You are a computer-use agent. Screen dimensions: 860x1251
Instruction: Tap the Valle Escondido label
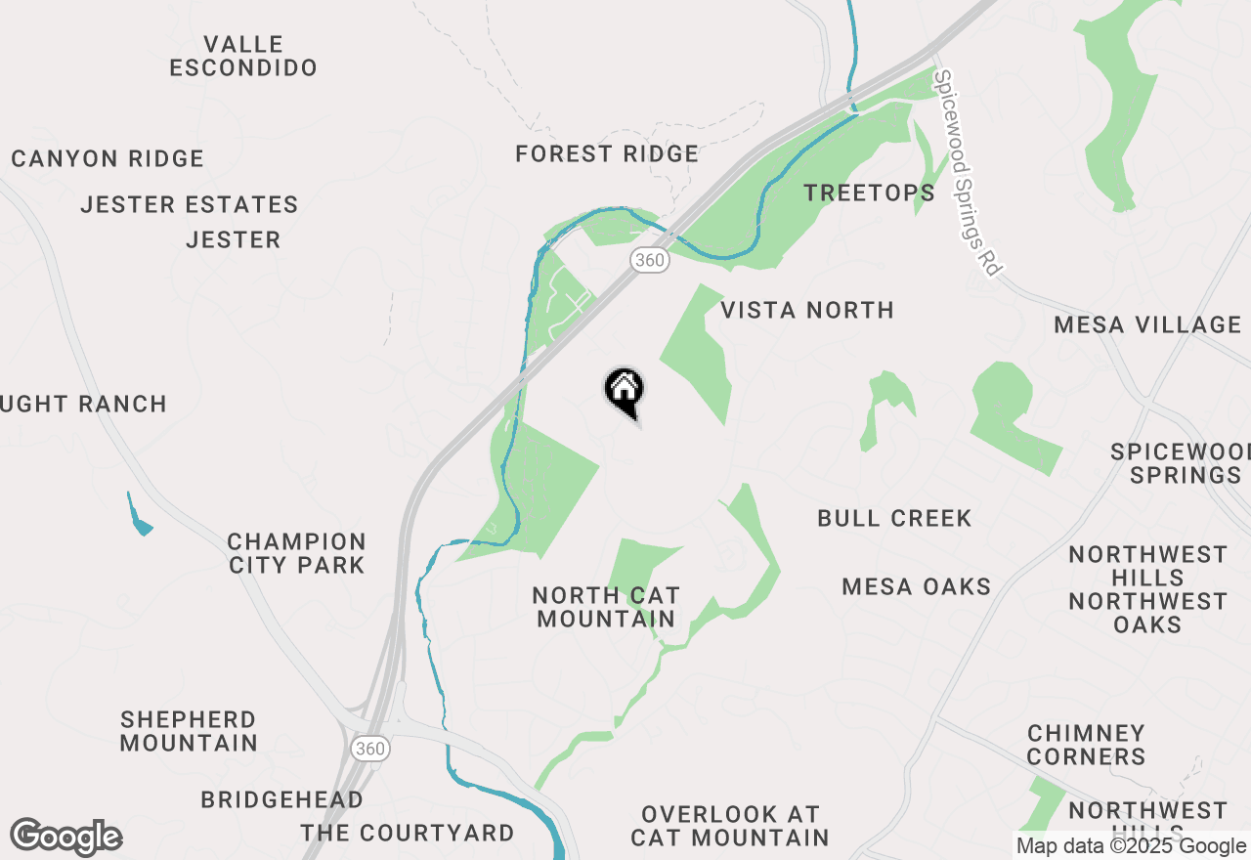(243, 56)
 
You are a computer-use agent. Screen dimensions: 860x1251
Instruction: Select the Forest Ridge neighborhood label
(607, 153)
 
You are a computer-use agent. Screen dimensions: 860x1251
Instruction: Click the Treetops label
(869, 193)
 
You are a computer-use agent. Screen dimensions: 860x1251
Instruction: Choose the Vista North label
(807, 310)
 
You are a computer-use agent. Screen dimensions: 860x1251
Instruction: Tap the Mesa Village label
(1147, 324)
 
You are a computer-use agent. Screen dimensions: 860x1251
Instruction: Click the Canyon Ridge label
(108, 158)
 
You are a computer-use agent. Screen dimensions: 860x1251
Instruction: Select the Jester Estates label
(190, 204)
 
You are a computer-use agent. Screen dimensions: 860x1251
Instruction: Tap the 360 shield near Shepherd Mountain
(370, 749)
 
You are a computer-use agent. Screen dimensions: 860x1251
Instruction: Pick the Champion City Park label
(296, 553)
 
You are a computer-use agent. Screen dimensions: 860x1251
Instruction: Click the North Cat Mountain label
(606, 607)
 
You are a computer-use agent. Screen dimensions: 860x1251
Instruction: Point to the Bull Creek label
(894, 518)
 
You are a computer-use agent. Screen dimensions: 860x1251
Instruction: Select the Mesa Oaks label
(917, 586)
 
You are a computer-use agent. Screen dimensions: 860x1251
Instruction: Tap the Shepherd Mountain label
(189, 731)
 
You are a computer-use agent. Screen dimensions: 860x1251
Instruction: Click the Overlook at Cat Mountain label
(729, 826)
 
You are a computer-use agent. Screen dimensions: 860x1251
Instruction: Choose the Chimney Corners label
(1086, 745)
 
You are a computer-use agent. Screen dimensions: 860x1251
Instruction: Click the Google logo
(65, 838)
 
